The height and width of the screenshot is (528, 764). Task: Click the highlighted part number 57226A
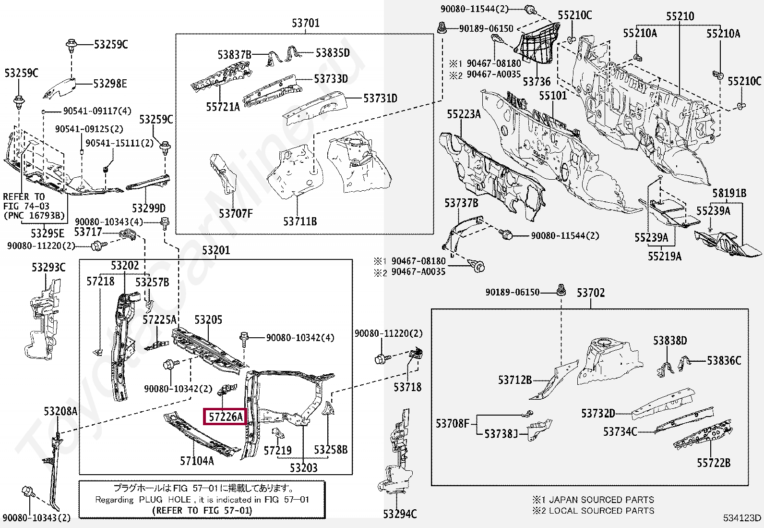(x=226, y=417)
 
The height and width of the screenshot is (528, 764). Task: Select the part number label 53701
(x=305, y=23)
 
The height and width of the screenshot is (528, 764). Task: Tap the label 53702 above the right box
(x=590, y=293)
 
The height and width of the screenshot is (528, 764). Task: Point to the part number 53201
(x=216, y=250)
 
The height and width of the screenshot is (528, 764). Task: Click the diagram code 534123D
(x=742, y=517)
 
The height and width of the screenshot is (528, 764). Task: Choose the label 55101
(x=553, y=96)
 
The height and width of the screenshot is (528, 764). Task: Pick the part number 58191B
(x=729, y=193)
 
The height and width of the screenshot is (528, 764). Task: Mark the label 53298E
(x=110, y=84)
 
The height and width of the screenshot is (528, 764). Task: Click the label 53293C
(x=48, y=267)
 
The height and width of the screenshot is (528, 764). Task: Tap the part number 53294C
(x=400, y=514)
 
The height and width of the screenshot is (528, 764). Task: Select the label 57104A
(x=197, y=461)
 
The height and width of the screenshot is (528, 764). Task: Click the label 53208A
(x=60, y=411)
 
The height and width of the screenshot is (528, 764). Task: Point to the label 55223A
(x=464, y=114)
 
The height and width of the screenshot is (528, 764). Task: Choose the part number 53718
(x=407, y=387)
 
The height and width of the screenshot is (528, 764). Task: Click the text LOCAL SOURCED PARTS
(x=601, y=510)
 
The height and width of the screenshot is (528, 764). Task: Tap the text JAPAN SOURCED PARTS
(x=601, y=500)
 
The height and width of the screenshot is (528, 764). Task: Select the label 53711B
(x=300, y=221)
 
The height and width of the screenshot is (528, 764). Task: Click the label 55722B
(x=714, y=463)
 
